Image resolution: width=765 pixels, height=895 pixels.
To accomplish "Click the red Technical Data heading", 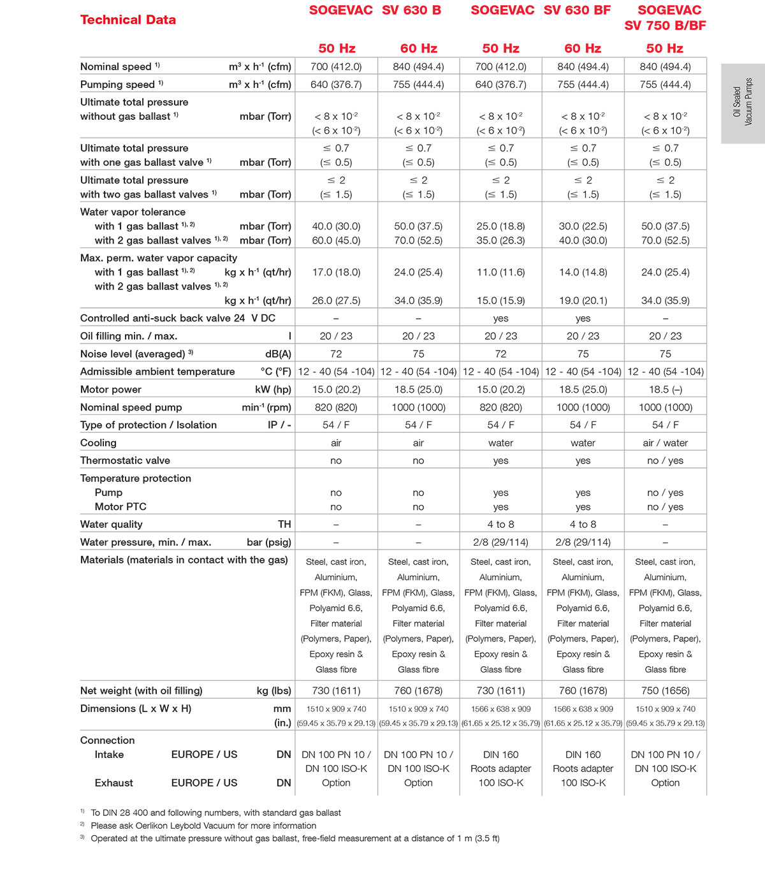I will pyautogui.click(x=128, y=20).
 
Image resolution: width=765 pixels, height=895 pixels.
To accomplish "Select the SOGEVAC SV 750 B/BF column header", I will pyautogui.click(x=665, y=18).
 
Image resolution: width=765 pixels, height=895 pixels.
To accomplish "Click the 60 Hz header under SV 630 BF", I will pyautogui.click(x=583, y=48).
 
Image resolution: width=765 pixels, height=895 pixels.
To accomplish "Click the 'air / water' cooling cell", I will pyautogui.click(x=665, y=443).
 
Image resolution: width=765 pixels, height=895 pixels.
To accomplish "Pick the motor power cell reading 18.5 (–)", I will pyautogui.click(x=665, y=389).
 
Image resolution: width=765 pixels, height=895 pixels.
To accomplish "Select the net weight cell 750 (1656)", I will pyautogui.click(x=665, y=690).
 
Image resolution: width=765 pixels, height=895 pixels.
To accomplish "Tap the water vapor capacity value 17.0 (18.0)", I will pyautogui.click(x=336, y=272).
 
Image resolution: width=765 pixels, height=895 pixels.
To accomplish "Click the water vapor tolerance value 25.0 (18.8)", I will pyautogui.click(x=500, y=226).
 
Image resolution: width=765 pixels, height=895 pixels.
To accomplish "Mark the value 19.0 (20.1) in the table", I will pyautogui.click(x=583, y=301).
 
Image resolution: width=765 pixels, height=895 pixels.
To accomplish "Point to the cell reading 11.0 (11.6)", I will pyautogui.click(x=500, y=272).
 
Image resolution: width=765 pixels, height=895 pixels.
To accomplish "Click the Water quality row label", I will pyautogui.click(x=112, y=525).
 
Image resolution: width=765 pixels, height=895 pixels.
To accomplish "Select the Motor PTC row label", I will pyautogui.click(x=120, y=507).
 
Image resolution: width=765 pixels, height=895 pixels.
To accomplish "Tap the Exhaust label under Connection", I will pyautogui.click(x=114, y=783).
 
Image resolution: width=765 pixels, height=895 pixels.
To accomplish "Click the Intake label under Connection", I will pyautogui.click(x=109, y=755).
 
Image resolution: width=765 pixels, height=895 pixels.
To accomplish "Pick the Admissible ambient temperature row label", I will pyautogui.click(x=157, y=372).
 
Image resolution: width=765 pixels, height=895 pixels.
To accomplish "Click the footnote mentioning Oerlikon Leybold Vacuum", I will pyautogui.click(x=203, y=826).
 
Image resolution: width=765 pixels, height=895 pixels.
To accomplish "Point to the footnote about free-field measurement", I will pyautogui.click(x=295, y=838).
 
